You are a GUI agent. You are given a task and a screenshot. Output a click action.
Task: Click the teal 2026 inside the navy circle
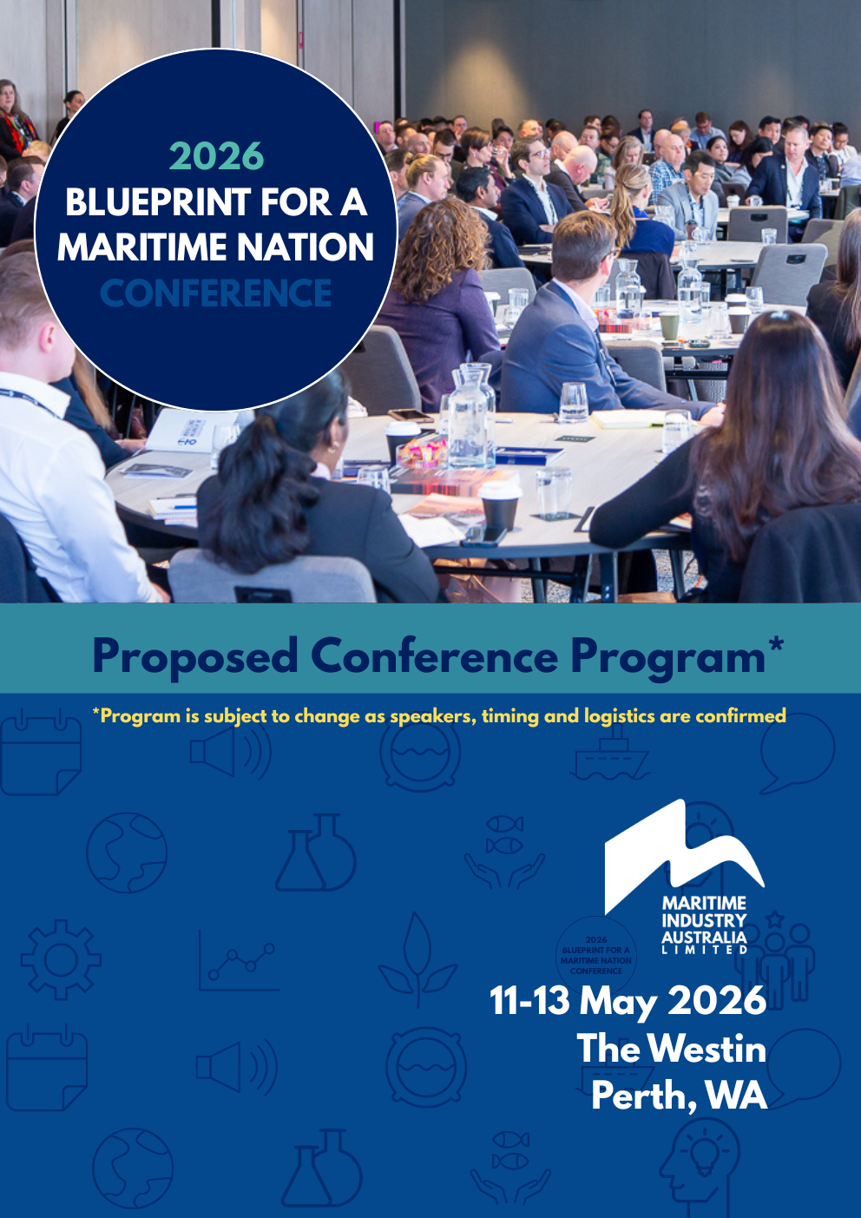click(216, 157)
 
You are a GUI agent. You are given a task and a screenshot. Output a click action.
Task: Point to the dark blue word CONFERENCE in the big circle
click(216, 293)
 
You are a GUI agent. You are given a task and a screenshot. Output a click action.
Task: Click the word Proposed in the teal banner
click(194, 656)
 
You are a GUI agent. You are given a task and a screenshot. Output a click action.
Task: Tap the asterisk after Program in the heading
click(775, 645)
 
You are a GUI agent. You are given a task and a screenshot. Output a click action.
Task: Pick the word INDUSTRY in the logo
click(704, 920)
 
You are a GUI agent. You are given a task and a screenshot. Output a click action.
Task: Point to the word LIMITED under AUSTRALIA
click(704, 950)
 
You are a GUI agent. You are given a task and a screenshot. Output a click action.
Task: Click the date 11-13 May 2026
click(628, 1001)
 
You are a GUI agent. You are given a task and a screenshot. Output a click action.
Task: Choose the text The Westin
click(671, 1049)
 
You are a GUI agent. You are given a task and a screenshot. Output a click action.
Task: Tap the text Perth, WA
click(679, 1096)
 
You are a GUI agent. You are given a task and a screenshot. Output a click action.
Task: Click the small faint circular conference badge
click(596, 955)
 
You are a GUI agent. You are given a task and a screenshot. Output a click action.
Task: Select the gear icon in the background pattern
click(61, 959)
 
